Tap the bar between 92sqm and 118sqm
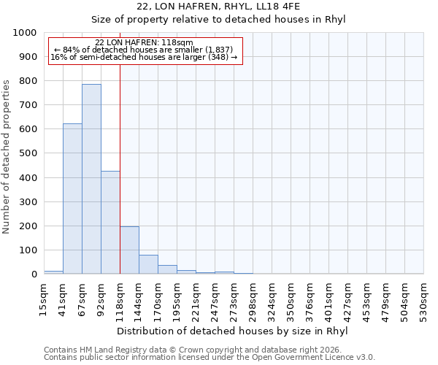110,223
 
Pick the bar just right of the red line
129,250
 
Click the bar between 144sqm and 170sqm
148,264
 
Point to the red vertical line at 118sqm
120,168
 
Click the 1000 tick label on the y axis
25,33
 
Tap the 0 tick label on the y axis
34,274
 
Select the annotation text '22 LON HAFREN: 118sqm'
144,42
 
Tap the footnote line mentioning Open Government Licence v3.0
210,358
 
